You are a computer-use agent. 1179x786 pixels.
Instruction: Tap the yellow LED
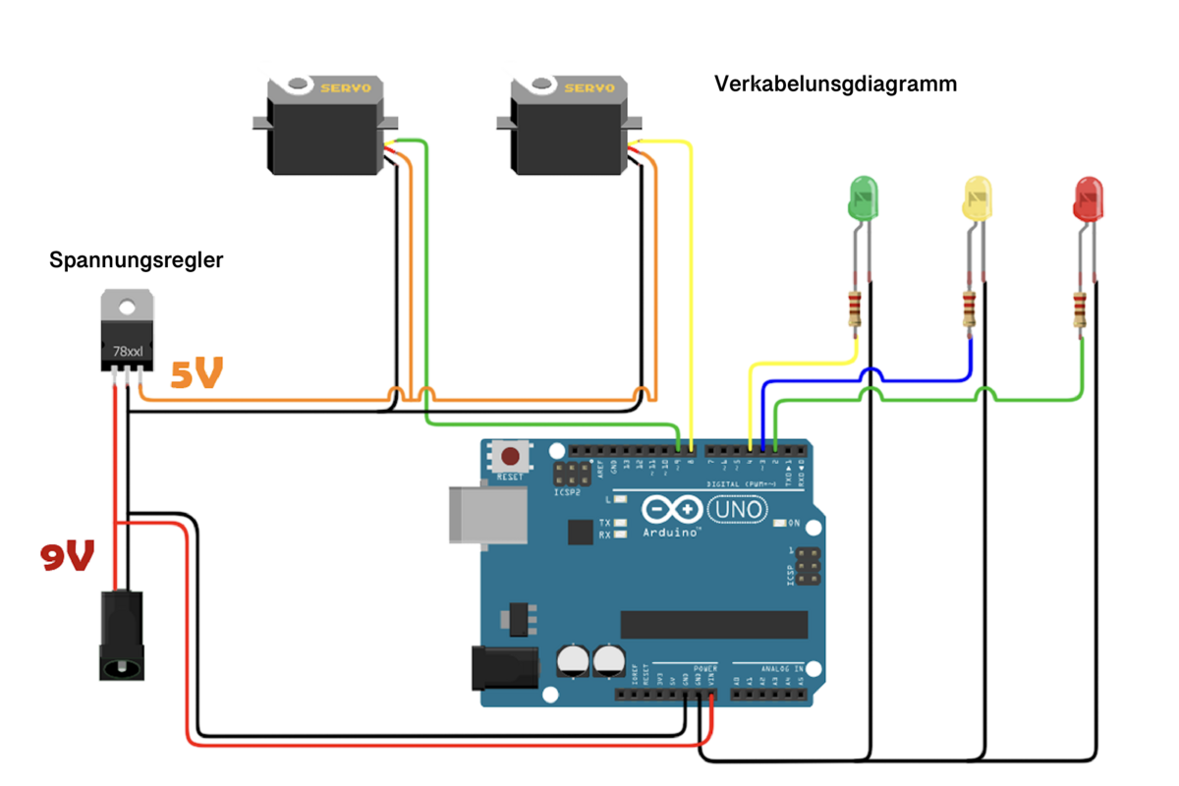coord(980,198)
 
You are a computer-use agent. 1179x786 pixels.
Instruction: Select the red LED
coord(1089,198)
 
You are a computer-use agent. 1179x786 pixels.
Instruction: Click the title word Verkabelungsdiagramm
coord(835,84)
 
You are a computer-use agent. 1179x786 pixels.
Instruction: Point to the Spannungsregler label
coord(137,260)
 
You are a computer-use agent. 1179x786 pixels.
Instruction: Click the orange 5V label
coord(196,374)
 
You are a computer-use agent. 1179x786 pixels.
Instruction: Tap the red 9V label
coord(67,556)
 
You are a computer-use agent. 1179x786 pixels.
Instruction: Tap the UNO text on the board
coord(736,510)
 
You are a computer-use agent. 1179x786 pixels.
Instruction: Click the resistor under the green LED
coord(854,310)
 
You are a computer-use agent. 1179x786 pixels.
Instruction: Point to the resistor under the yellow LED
coord(970,310)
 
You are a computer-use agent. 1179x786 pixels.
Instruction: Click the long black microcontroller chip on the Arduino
coord(713,624)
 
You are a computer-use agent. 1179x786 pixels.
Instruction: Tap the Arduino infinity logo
coord(673,510)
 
